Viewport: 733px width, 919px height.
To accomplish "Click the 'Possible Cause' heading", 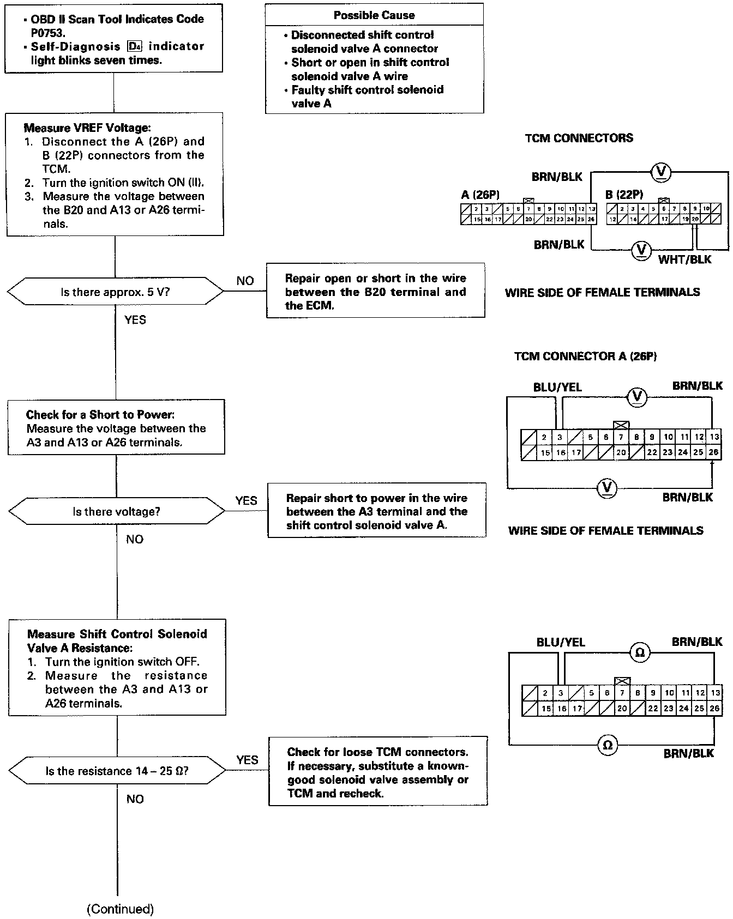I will pos(374,15).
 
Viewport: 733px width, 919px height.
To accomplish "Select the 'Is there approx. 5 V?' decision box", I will pos(115,292).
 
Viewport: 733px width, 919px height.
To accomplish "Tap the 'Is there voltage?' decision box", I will pos(117,512).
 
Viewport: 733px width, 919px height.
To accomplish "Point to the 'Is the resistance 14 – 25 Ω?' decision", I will pos(117,771).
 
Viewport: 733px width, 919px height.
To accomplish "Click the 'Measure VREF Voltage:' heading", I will pos(87,128).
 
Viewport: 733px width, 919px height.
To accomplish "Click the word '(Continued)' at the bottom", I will pos(121,909).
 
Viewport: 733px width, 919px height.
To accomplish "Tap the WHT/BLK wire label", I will pos(684,259).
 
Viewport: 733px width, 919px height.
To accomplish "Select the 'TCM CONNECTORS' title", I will pos(579,138).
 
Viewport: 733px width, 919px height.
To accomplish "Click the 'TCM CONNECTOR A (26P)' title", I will pos(585,356).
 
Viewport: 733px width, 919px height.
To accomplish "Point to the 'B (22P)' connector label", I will pos(624,195).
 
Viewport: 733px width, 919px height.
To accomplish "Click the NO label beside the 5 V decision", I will pos(245,281).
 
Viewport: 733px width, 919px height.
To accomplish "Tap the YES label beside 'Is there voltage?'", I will pos(246,500).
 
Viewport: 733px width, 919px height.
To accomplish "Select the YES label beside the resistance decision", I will pos(247,760).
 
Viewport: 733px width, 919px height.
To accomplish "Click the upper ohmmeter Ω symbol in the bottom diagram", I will pos(640,652).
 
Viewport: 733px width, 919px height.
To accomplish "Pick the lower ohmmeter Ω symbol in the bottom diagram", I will pos(607,745).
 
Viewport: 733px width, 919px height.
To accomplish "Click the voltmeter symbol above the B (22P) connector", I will pos(661,172).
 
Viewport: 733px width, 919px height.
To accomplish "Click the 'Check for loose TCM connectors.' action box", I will pos(377,771).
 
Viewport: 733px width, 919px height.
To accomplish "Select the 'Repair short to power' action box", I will pos(376,511).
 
